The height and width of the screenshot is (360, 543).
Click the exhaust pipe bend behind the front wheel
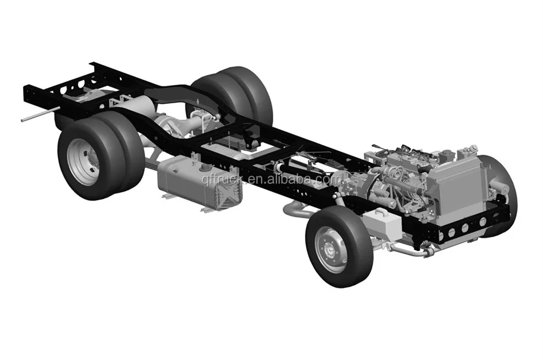(294, 210)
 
